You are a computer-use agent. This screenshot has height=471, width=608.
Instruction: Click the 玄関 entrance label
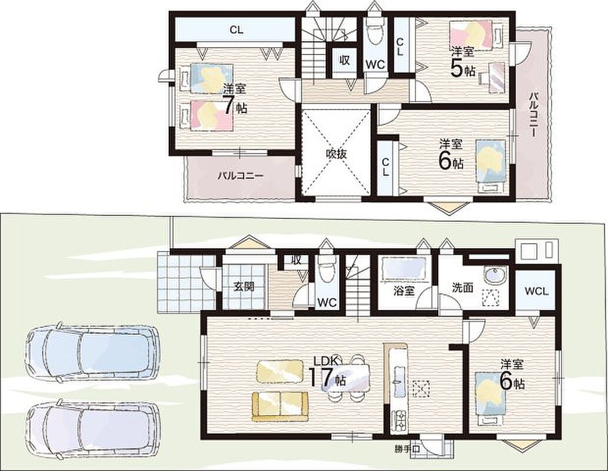click(244, 287)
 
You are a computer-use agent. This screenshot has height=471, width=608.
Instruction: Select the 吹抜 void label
click(336, 154)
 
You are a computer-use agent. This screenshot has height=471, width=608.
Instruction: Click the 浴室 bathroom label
click(404, 291)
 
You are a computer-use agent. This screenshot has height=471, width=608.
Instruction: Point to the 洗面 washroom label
click(463, 287)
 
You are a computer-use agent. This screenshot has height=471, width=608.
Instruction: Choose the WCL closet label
click(537, 291)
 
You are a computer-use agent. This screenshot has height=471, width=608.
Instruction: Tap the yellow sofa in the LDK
click(280, 406)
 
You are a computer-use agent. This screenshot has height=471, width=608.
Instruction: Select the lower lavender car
click(93, 427)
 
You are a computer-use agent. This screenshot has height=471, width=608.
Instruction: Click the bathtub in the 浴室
click(404, 268)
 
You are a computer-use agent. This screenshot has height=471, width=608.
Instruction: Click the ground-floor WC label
click(327, 302)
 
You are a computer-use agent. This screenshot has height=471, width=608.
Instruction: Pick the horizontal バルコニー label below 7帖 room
click(240, 176)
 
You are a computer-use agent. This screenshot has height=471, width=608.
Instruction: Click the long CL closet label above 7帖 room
click(237, 30)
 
